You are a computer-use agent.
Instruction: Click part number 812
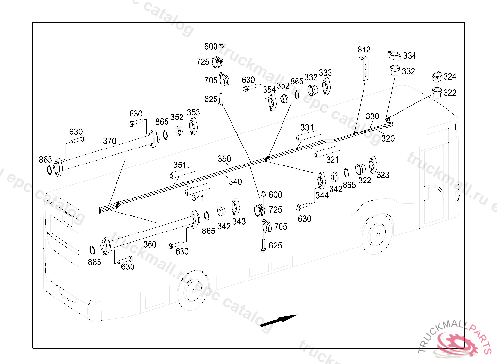click(x=364, y=50)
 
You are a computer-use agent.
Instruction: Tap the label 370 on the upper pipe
click(x=110, y=141)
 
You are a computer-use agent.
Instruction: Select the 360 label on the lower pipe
click(x=150, y=244)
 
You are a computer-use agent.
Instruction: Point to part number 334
click(x=409, y=56)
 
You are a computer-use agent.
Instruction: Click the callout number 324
click(x=450, y=77)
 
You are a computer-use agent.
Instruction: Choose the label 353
click(x=193, y=113)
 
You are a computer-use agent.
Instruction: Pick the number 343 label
click(x=238, y=221)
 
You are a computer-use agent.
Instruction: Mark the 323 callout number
click(x=382, y=175)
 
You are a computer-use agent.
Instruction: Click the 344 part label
click(x=322, y=195)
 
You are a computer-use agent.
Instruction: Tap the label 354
click(x=269, y=90)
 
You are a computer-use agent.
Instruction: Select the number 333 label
click(x=325, y=73)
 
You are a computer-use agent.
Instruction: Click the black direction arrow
click(x=278, y=321)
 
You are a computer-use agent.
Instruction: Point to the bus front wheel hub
click(x=190, y=292)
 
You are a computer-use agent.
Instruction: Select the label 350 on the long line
click(x=224, y=159)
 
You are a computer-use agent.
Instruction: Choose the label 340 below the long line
click(x=235, y=182)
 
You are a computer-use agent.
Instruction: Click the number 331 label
click(x=307, y=128)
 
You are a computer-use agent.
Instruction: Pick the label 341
click(x=198, y=198)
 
